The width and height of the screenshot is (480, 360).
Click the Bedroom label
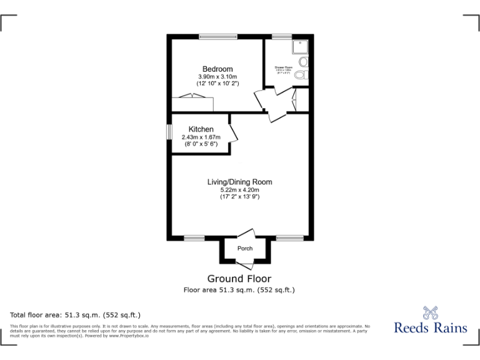[217, 69]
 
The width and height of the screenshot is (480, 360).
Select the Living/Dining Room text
[239, 182]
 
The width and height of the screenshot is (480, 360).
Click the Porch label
[245, 249]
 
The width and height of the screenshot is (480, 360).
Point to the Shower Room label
[284, 66]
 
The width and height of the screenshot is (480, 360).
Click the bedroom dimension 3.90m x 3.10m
[217, 76]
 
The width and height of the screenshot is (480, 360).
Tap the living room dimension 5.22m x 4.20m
[239, 189]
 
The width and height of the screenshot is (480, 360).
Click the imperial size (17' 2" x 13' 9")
[239, 197]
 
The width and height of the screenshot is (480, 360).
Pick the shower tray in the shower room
[299, 46]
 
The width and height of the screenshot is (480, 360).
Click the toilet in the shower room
[302, 75]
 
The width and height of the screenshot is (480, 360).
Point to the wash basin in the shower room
[303, 62]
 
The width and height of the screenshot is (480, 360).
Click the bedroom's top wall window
[218, 37]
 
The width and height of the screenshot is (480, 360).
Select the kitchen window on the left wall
[169, 132]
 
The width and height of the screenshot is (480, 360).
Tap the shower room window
[281, 37]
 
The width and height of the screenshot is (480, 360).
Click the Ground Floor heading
[239, 279]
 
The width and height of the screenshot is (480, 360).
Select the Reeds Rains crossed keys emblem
[430, 311]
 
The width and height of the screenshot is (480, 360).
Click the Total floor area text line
[76, 315]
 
